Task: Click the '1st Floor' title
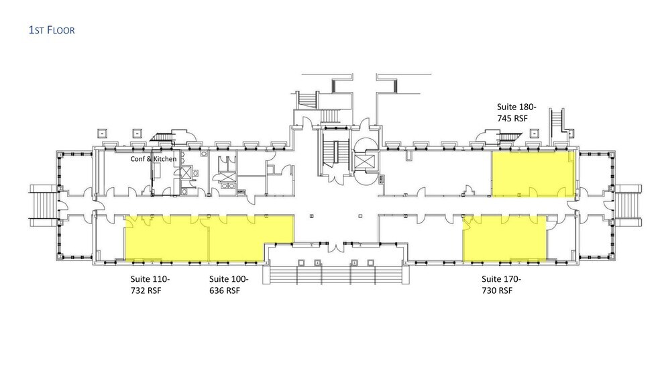point(52,30)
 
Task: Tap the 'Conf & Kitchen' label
point(153,159)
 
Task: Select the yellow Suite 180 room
point(533,174)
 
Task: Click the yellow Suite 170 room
point(504,238)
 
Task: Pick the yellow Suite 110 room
point(167,238)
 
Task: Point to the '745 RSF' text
point(512,118)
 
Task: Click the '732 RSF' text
point(146,290)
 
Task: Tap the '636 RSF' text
point(224,290)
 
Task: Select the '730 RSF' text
point(497,290)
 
